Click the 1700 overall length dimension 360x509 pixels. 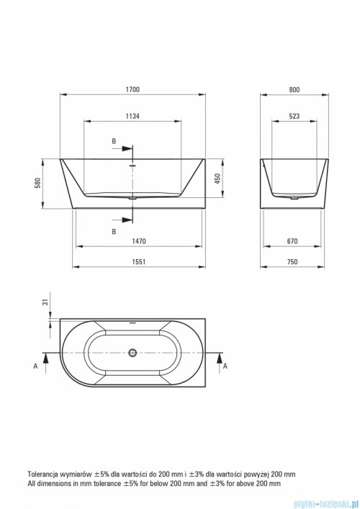(x=132, y=89)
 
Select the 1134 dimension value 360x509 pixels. (x=132, y=116)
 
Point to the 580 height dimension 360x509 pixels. (x=38, y=184)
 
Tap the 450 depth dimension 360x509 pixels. (x=217, y=179)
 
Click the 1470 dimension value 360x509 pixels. (x=139, y=241)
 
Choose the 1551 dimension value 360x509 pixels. (x=139, y=261)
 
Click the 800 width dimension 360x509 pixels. (x=294, y=89)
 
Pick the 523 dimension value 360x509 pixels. (x=294, y=116)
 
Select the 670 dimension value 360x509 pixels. (x=292, y=241)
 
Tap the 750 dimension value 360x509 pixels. (x=292, y=261)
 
